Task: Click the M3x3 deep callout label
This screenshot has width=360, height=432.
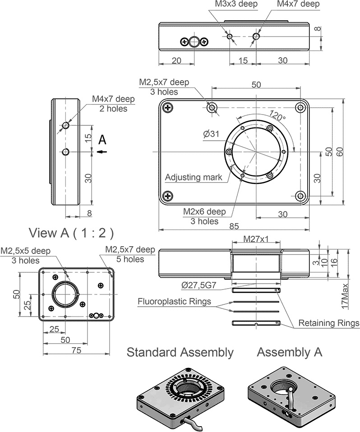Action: pyautogui.click(x=236, y=4)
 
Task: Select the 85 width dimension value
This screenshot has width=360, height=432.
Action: pyautogui.click(x=234, y=226)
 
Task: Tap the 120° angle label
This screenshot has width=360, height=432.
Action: pyautogui.click(x=277, y=115)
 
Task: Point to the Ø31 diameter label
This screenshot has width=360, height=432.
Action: pyautogui.click(x=211, y=134)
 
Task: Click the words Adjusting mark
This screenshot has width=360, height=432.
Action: pyautogui.click(x=194, y=177)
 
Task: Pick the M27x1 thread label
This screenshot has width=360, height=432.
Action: pyautogui.click(x=256, y=239)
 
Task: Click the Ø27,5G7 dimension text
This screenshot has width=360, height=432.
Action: pyautogui.click(x=199, y=285)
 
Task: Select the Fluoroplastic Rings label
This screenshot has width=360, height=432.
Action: pyautogui.click(x=174, y=301)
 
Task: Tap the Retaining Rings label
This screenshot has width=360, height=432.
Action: pyautogui.click(x=329, y=323)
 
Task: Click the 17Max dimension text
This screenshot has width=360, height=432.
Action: pyautogui.click(x=345, y=296)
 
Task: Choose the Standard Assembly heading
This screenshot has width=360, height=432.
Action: pyautogui.click(x=180, y=352)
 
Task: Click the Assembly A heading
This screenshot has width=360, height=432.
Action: pyautogui.click(x=290, y=352)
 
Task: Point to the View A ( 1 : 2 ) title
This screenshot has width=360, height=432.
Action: pyautogui.click(x=71, y=233)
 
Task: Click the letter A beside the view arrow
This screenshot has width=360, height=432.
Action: pyautogui.click(x=102, y=140)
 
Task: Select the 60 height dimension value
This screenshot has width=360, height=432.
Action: pyautogui.click(x=340, y=152)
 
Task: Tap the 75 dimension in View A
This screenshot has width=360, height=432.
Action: pyautogui.click(x=76, y=350)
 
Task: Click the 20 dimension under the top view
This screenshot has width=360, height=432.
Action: pyautogui.click(x=176, y=60)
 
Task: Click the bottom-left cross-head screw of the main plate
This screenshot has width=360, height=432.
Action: pyautogui.click(x=168, y=196)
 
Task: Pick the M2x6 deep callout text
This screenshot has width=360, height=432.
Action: pyautogui.click(x=204, y=211)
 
